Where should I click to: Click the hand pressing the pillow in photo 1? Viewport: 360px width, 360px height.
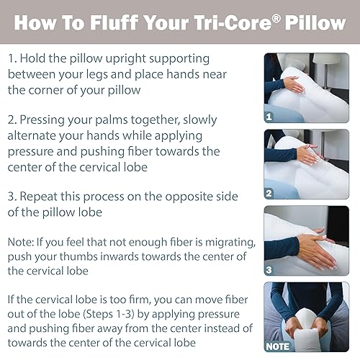294,85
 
